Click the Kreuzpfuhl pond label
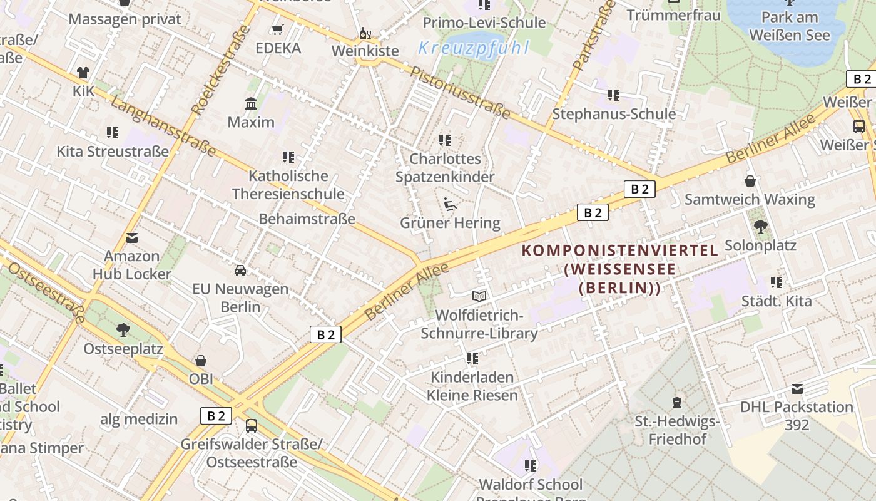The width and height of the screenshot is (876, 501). (474, 48)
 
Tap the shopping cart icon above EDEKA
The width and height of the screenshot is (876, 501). (278, 29)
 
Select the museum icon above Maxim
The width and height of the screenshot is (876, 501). (251, 103)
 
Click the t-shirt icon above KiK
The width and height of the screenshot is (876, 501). (83, 73)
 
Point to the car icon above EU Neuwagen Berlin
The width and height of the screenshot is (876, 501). (240, 271)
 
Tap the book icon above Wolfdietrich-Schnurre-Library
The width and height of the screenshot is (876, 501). (479, 296)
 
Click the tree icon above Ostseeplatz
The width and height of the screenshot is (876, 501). (123, 329)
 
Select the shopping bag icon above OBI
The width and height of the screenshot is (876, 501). (201, 361)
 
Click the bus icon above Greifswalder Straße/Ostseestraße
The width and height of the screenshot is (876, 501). (252, 426)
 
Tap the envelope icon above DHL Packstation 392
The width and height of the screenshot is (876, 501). (797, 389)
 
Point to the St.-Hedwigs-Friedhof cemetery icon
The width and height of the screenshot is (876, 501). (676, 402)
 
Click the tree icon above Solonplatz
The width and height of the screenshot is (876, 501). (760, 226)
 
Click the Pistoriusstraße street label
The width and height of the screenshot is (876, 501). (460, 92)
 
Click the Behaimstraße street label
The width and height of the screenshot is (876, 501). (307, 219)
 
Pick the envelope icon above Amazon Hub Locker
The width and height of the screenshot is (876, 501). (132, 238)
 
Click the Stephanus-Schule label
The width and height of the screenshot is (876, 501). (613, 114)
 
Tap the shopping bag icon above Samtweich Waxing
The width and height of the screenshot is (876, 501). (750, 182)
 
